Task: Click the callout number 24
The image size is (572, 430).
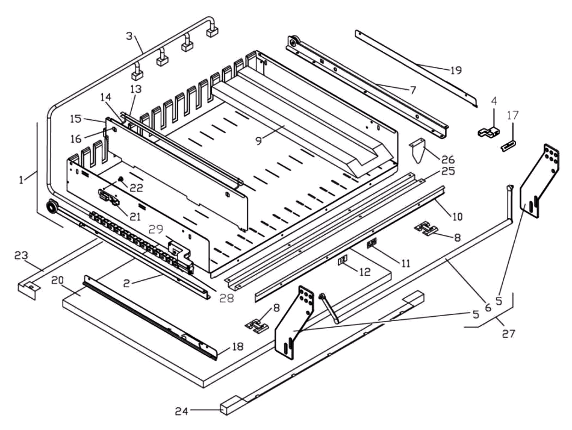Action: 181,411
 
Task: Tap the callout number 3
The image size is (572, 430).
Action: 129,36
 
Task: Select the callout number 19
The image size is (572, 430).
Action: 456,70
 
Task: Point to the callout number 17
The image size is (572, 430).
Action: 512,116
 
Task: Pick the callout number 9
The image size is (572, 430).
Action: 259,141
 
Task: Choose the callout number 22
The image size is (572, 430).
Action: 137,188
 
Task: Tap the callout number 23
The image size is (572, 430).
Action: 21,255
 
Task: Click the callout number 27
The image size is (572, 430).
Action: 509,333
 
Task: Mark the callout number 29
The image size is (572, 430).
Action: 155,229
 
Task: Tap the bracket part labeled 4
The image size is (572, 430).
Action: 489,132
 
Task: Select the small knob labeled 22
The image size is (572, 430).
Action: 119,179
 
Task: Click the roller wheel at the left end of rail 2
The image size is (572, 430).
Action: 51,207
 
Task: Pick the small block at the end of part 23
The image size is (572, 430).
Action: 27,290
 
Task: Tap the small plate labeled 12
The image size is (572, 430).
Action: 342,260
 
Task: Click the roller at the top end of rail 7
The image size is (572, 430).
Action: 293,42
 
